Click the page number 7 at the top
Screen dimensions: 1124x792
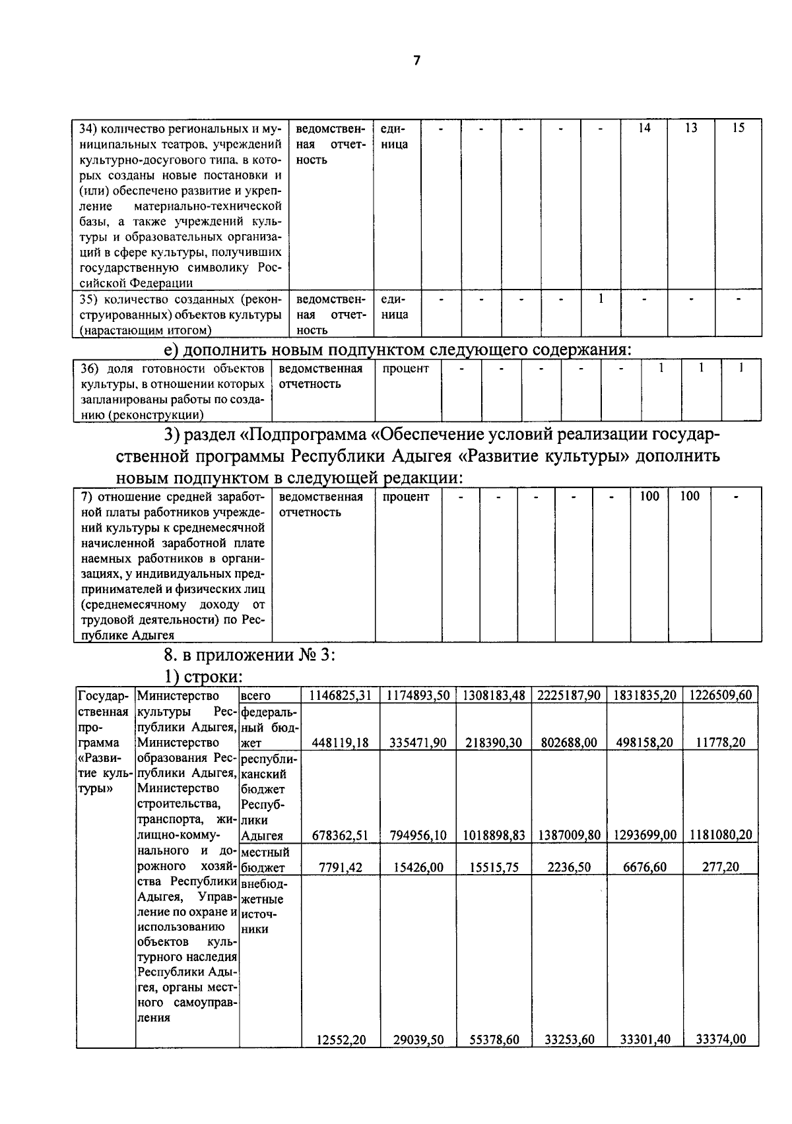416,61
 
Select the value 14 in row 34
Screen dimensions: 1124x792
643,129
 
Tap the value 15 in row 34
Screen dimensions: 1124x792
738,129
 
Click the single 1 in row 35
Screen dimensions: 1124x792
601,299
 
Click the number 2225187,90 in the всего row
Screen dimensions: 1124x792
568,696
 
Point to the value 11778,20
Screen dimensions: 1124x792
721,743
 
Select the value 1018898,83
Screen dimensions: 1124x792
494,835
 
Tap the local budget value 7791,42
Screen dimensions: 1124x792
341,867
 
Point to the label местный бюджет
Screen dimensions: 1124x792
265,860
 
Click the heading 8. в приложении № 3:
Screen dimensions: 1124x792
250,656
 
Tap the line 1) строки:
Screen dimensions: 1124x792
204,677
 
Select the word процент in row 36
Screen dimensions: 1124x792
405,369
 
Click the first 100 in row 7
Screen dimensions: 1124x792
649,497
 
